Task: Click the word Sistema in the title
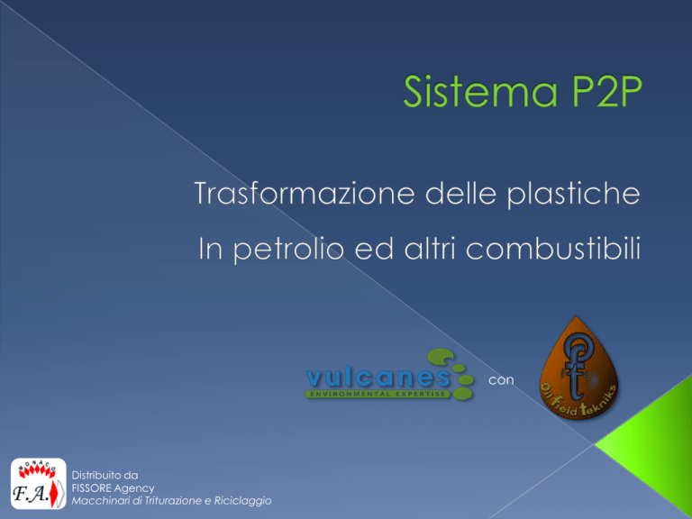[x=480, y=91]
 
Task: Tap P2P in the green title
[x=606, y=91]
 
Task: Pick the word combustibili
[x=553, y=248]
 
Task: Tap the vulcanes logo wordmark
[x=378, y=378]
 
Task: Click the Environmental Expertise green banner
[x=378, y=394]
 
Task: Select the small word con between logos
[x=501, y=380]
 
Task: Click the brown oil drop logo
[x=578, y=368]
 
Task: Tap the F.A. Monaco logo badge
[x=39, y=483]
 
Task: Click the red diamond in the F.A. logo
[x=54, y=494]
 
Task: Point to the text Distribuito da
[x=105, y=476]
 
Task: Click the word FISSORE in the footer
[x=91, y=488]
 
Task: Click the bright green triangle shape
[x=649, y=442]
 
